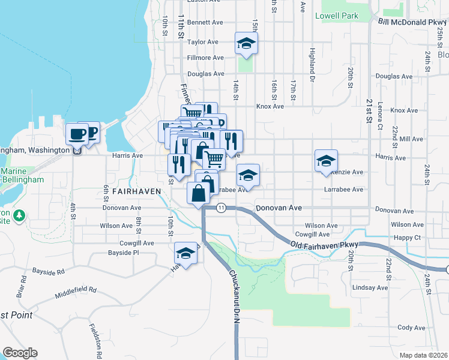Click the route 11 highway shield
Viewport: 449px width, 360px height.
point(221,208)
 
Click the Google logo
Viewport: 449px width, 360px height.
point(20,353)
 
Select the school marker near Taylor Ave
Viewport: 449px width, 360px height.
point(246,43)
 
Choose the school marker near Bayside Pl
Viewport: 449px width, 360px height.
point(186,253)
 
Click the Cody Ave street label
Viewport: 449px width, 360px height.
point(411,328)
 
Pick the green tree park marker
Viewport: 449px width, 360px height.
point(19,215)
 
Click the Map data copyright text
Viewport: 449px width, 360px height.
point(423,355)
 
